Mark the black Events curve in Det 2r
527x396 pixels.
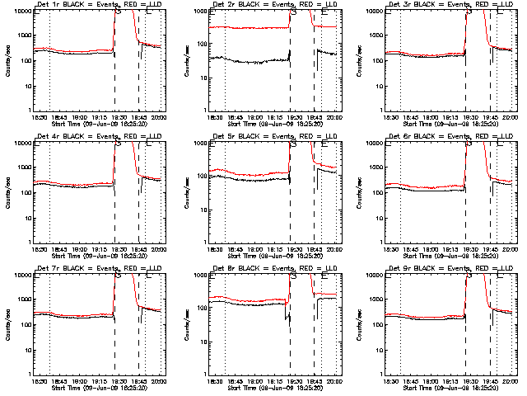(x=247, y=60)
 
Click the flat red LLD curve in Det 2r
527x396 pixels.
(x=247, y=27)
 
